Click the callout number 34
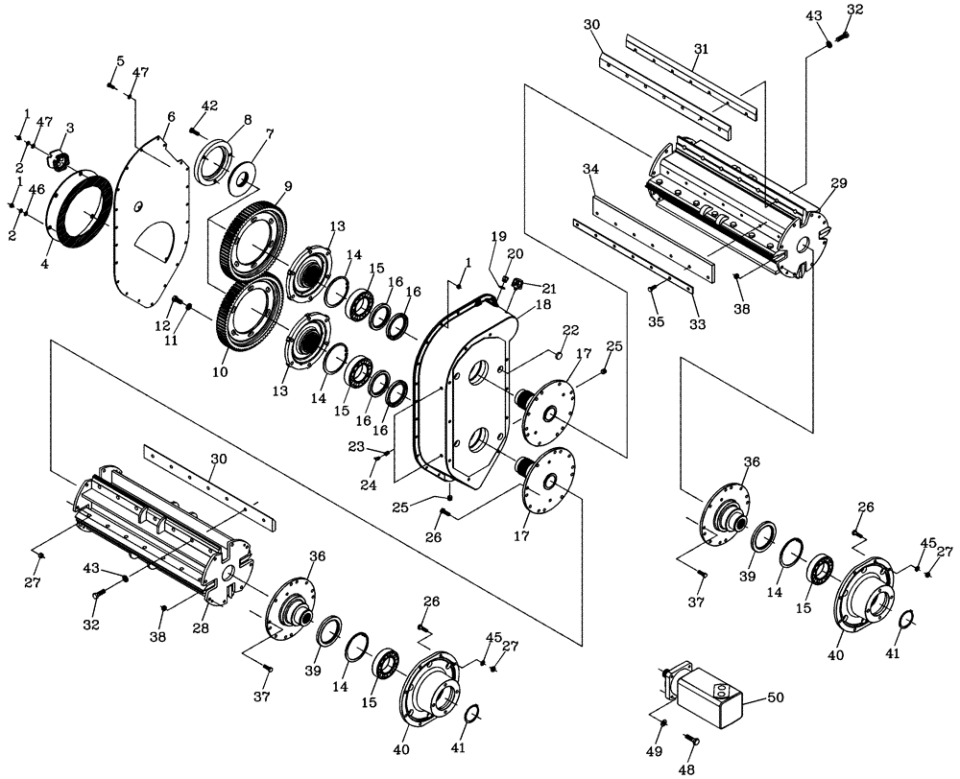coord(590,169)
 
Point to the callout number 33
coord(697,324)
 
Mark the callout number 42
coord(210,106)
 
